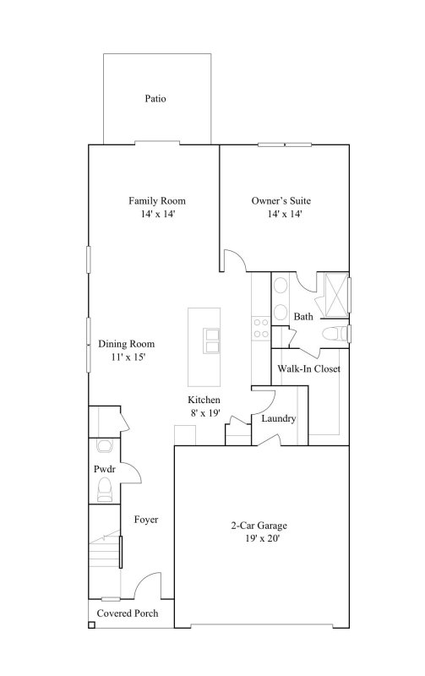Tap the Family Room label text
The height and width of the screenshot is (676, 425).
pos(157,201)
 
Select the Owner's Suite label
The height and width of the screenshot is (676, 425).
pos(282,201)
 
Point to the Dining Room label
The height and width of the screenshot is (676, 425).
pos(127,344)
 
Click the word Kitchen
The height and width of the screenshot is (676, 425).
pos(204,400)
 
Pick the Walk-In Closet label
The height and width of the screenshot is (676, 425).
pos(309,368)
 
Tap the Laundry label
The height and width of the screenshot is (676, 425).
pos(278,418)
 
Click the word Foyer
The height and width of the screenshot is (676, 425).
pos(146,520)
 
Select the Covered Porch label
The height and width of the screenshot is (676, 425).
pos(128,613)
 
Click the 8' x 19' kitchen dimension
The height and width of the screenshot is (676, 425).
pos(204,413)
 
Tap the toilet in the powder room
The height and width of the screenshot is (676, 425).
pos(105,488)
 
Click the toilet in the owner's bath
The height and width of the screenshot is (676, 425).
pos(339,335)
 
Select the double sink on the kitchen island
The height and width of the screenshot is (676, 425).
pos(211,340)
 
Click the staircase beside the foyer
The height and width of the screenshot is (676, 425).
pos(105,556)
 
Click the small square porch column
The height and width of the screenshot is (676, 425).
pos(91,626)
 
